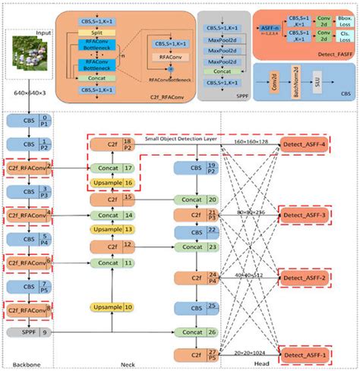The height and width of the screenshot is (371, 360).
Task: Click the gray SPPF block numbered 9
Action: [x=28, y=331]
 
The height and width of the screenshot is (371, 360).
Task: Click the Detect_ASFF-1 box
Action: [x=307, y=354]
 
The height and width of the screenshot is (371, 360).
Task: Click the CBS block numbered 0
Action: [x=28, y=121]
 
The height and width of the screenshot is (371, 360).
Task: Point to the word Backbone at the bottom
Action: [x=25, y=366]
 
